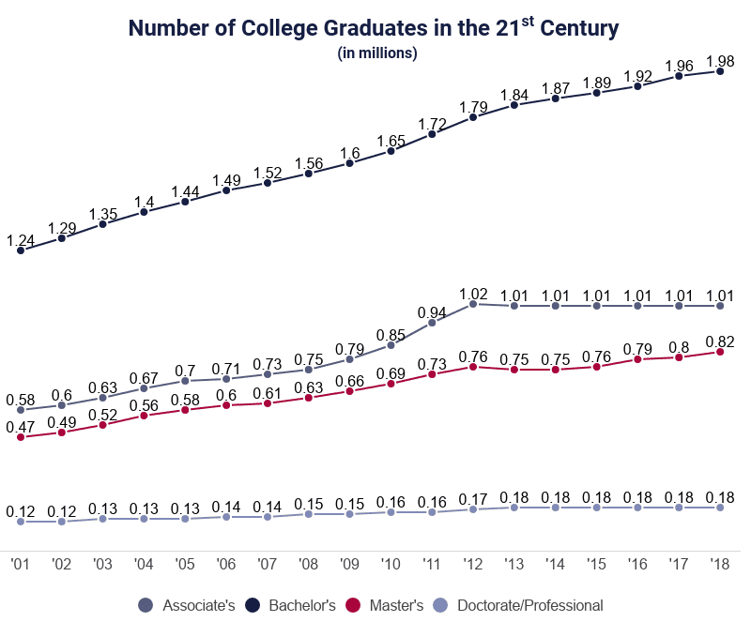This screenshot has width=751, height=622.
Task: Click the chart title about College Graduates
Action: point(374,28)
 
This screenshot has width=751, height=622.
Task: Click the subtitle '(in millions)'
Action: point(376,53)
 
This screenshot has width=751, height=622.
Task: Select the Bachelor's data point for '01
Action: point(21,250)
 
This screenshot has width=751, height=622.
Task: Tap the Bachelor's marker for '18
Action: point(720,70)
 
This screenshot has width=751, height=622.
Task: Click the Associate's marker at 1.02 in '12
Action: point(473,303)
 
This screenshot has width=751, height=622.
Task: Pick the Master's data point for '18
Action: point(720,351)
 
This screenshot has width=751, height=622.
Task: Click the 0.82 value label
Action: point(720,341)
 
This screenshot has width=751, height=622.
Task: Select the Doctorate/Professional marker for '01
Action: point(21,521)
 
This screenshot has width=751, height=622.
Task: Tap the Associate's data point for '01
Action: point(21,410)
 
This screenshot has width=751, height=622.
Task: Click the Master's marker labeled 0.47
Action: point(21,437)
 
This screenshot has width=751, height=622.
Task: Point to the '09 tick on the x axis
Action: point(349,564)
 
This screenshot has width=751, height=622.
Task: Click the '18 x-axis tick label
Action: point(720,564)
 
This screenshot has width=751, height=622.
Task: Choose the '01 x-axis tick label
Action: point(21,564)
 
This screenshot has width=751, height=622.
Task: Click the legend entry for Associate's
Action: point(188,605)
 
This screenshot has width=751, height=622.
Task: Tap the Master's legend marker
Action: point(354,605)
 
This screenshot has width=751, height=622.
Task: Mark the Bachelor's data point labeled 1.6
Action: point(349,163)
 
